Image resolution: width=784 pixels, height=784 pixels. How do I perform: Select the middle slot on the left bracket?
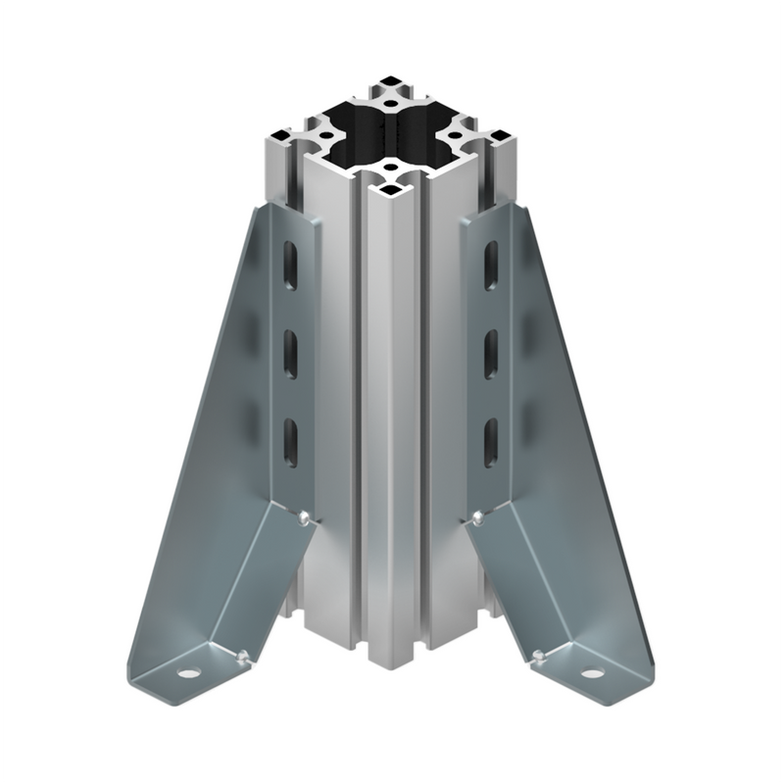(292, 352)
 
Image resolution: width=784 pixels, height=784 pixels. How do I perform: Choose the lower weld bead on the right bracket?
(537, 654)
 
